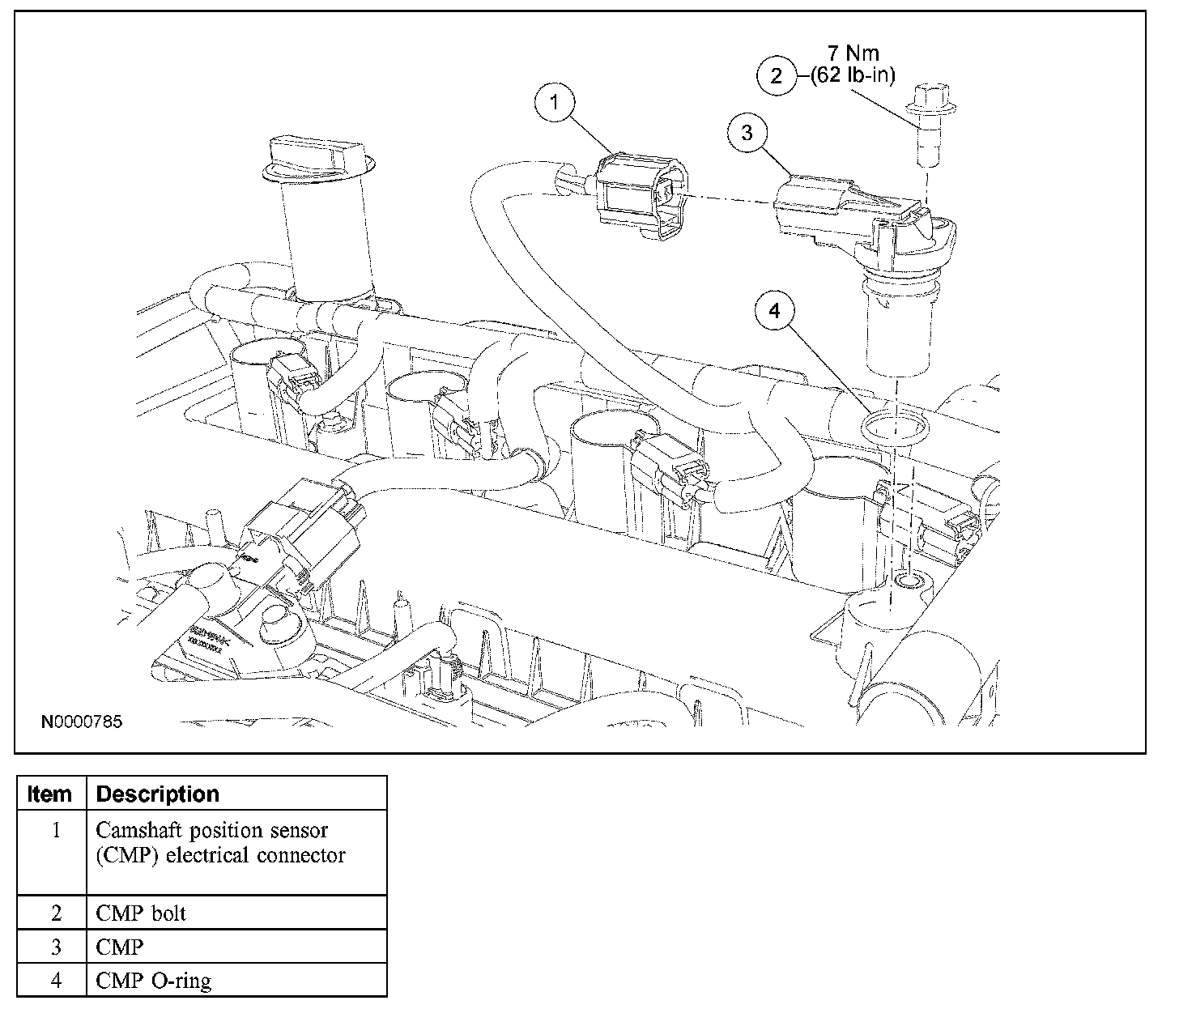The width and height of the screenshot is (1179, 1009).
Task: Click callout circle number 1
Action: point(554,103)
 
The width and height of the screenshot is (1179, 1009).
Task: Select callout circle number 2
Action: point(777,76)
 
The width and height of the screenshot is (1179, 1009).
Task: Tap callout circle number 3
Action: point(747,132)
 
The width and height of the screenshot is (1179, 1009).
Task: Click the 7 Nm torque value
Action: point(853,54)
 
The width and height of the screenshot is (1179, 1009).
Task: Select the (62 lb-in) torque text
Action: point(853,77)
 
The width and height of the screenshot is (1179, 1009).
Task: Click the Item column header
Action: point(49,794)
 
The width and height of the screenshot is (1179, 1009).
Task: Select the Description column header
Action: point(157,794)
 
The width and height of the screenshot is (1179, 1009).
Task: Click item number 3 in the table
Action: point(56,947)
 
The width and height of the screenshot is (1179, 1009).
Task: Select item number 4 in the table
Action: point(56,981)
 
